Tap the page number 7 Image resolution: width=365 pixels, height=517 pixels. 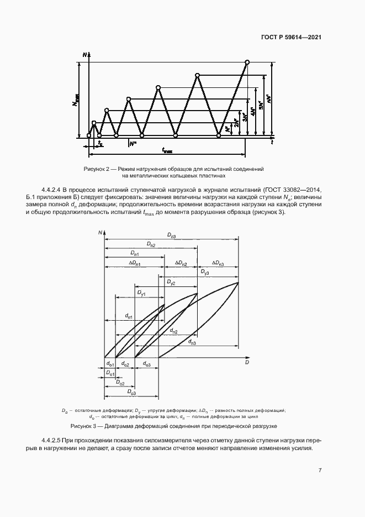pyautogui.click(x=320, y=470)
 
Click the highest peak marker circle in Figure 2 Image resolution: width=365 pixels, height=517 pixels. pyautogui.click(x=247, y=62)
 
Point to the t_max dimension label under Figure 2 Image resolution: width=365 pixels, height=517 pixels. pyautogui.click(x=167, y=150)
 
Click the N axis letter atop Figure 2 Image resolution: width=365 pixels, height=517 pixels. pyautogui.click(x=84, y=54)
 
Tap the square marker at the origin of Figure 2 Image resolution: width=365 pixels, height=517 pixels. pyautogui.click(x=89, y=135)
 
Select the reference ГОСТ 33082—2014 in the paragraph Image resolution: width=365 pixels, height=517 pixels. pyautogui.click(x=298, y=189)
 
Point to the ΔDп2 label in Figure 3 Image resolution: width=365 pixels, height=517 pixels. pyautogui.click(x=181, y=264)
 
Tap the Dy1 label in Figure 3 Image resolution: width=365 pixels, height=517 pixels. pyautogui.click(x=141, y=291)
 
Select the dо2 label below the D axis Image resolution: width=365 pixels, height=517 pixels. pyautogui.click(x=125, y=364)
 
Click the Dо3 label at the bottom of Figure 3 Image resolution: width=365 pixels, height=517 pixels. pyautogui.click(x=131, y=392)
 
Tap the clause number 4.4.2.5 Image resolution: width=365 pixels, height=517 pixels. pyautogui.click(x=54, y=440)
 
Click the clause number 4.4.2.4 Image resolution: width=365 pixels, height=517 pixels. pyautogui.click(x=54, y=189)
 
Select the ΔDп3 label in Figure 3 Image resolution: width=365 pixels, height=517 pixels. pyautogui.click(x=216, y=264)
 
